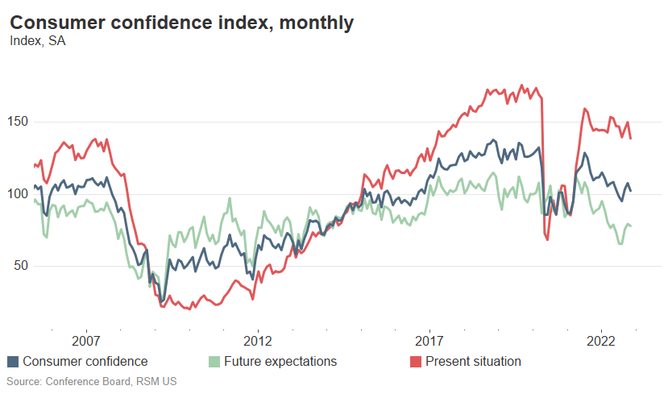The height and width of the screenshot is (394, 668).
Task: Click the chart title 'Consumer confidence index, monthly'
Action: coord(181,23)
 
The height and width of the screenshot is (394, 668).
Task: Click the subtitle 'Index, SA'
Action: coord(37,41)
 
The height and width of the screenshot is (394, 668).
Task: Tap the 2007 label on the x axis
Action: coord(85,340)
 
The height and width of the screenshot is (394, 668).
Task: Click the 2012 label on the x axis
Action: coord(257,340)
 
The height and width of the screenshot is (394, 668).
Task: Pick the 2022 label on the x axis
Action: coord(602,340)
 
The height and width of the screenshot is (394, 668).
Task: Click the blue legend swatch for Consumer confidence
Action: coord(13,362)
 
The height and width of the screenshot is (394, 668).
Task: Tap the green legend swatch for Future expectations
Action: coord(214,362)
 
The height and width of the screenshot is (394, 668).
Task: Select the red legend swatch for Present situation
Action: coord(415,362)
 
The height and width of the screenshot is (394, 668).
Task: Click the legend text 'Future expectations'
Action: coord(280,362)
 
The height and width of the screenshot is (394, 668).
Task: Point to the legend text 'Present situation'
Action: coord(473,362)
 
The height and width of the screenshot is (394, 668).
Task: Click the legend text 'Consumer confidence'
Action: coord(85,362)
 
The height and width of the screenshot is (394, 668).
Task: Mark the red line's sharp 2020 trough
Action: coord(547,239)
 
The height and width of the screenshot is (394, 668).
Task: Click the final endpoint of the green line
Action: coord(631,226)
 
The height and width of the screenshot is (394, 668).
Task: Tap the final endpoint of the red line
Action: coord(631,139)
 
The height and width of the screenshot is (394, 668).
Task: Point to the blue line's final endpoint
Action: coord(631,191)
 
